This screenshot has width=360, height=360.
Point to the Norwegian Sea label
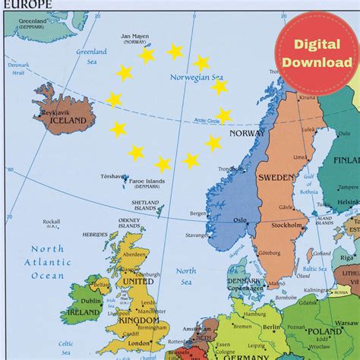(197, 77)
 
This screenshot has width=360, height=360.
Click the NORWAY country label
(248, 134)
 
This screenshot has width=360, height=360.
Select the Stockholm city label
(286, 226)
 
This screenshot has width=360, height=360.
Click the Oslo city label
(240, 220)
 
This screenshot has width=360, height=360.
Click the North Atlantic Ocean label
(48, 263)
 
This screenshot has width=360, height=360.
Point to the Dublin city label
(90, 301)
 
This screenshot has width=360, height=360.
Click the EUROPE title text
(25, 5)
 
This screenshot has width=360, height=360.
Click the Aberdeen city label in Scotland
(134, 255)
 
